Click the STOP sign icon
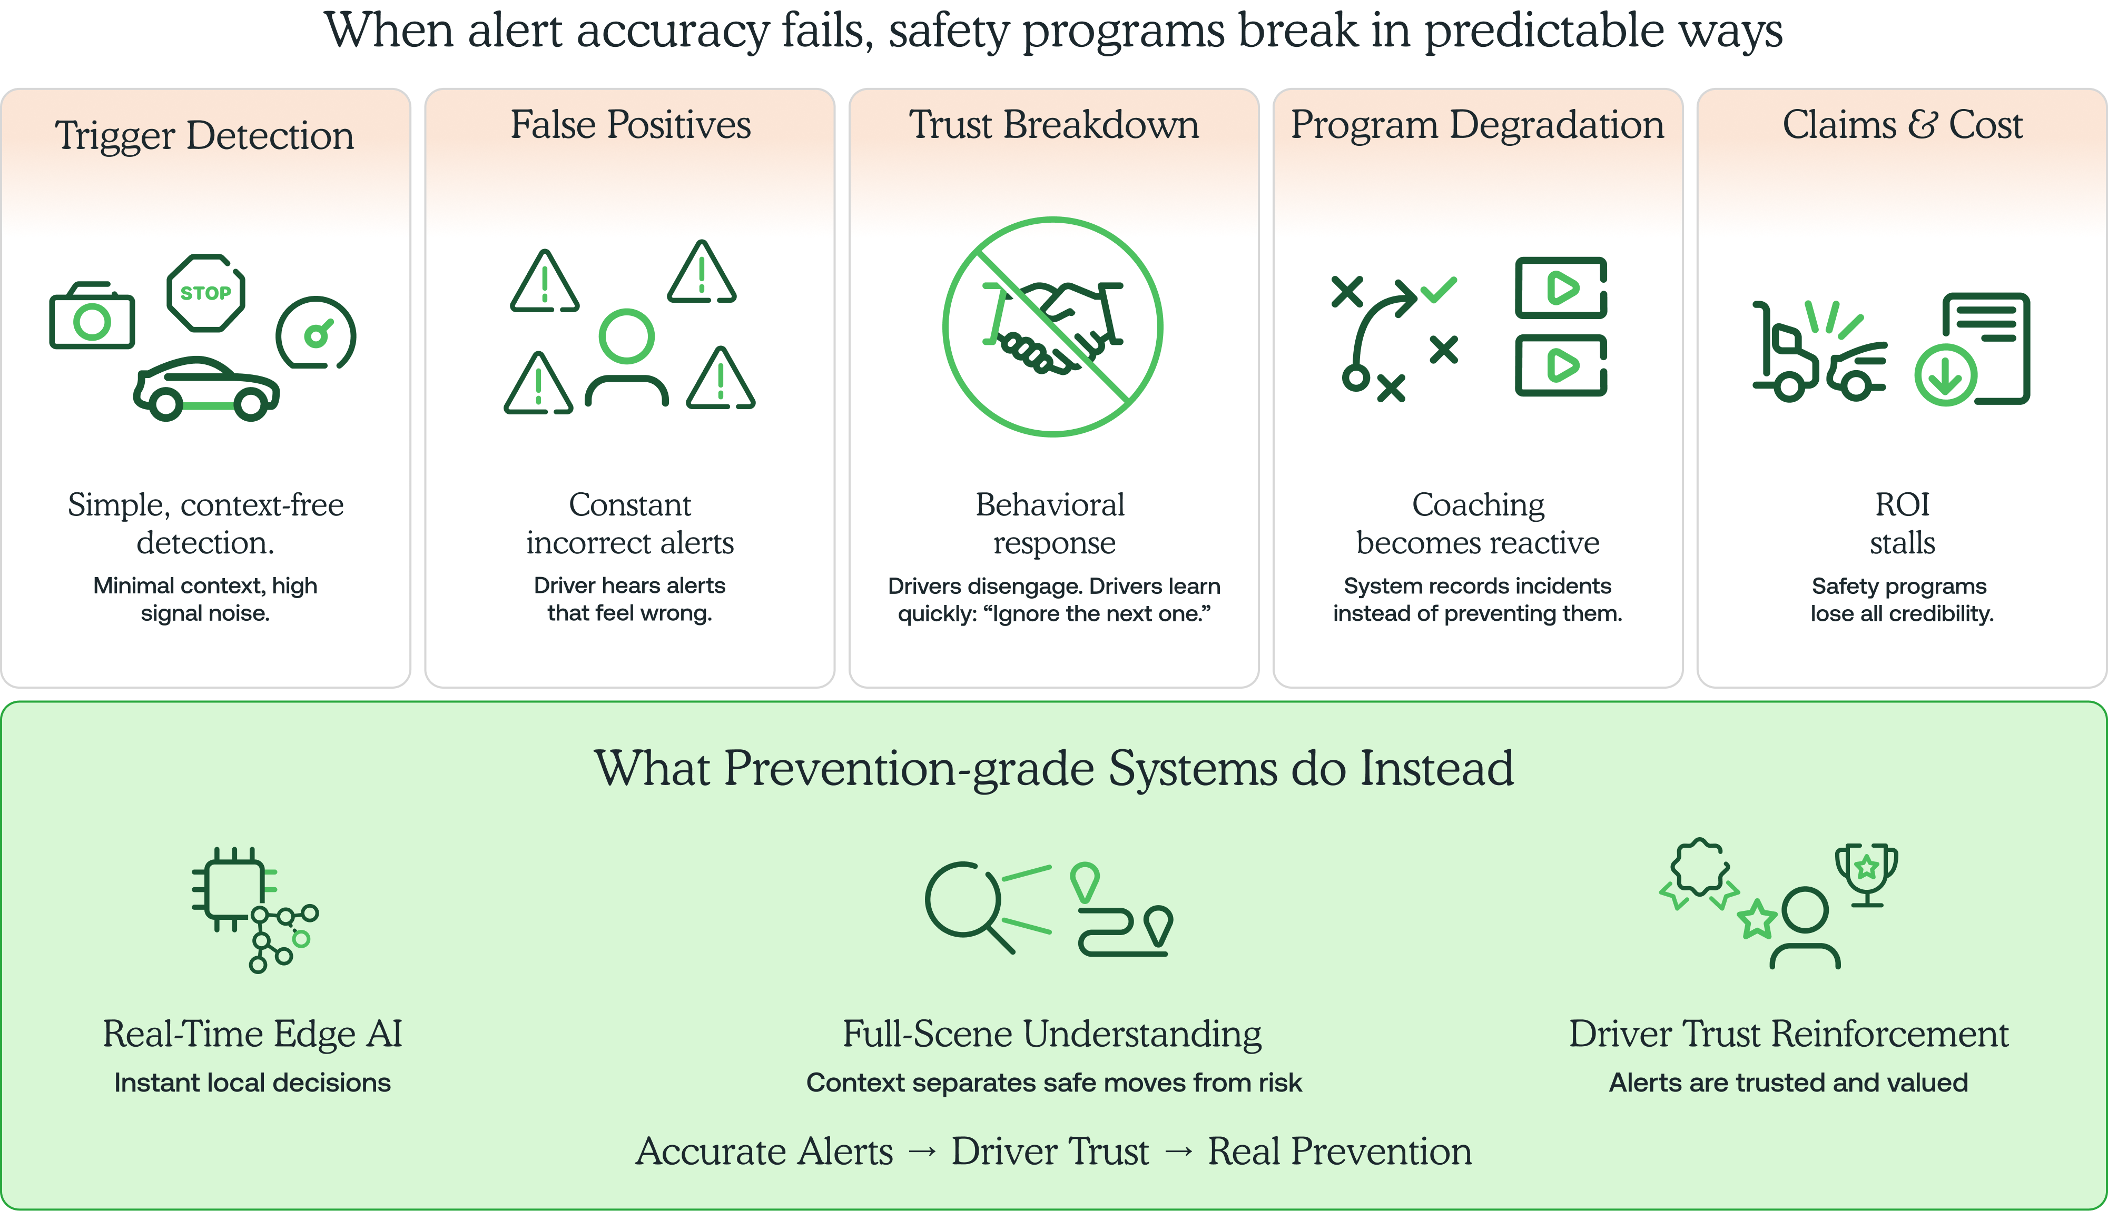205,293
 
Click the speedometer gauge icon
316,333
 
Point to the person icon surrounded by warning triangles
626,358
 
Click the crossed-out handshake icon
1052,327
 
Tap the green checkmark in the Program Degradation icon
1439,290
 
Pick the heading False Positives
630,125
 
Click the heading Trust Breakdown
1053,125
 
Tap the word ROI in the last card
1902,504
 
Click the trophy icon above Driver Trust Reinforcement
1867,873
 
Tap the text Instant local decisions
252,1082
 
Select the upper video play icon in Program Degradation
1561,288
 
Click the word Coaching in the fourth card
1477,504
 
